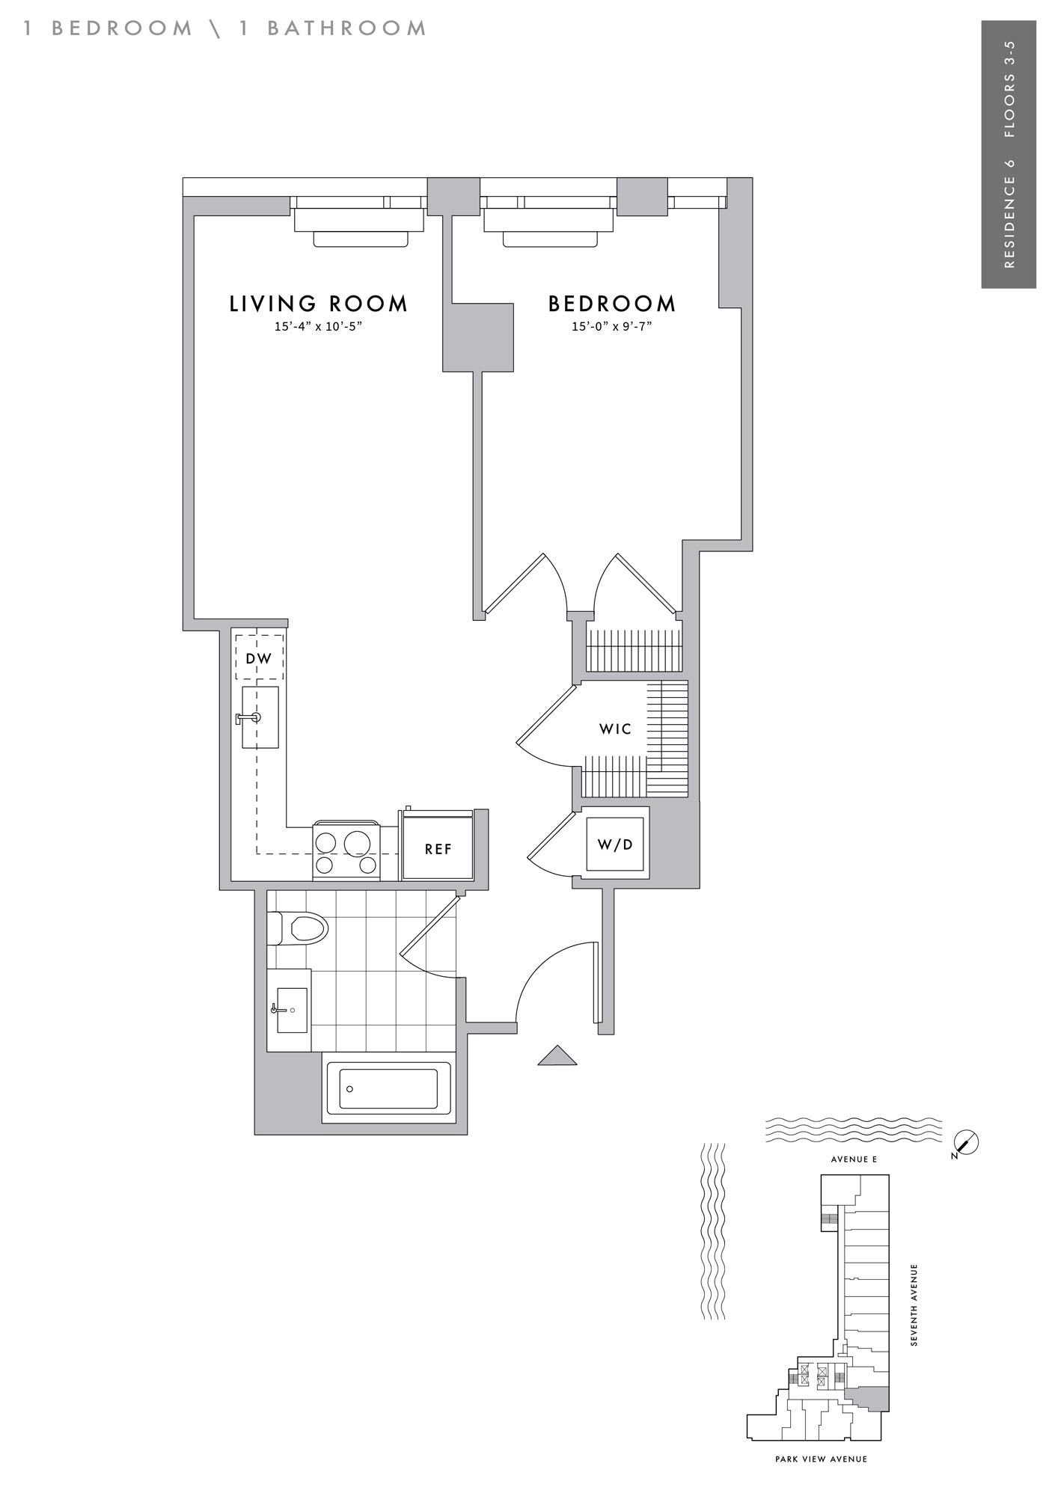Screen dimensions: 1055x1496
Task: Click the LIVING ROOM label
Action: coord(319,304)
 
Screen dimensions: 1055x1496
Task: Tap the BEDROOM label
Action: coord(612,304)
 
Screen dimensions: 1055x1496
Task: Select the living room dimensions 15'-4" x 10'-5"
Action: coord(319,326)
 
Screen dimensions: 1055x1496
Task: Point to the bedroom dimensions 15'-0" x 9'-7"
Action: coord(612,326)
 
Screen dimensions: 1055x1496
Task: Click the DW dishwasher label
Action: coord(260,660)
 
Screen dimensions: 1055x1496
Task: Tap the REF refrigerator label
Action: coord(438,849)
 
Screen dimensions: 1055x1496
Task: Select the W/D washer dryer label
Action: coord(615,844)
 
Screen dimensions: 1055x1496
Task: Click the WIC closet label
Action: coord(615,729)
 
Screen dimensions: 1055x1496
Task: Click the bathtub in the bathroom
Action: coord(388,1088)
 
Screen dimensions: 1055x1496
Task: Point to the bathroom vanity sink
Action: coord(290,1010)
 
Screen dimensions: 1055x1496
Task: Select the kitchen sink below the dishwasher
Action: coord(260,717)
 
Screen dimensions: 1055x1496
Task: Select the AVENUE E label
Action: coord(854,1159)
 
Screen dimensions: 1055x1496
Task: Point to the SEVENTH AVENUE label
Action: coord(914,1305)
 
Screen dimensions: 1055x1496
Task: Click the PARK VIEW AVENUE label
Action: coord(821,1459)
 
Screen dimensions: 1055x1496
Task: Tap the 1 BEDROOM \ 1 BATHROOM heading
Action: coord(224,28)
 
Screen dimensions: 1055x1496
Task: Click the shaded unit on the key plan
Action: coord(868,1397)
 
